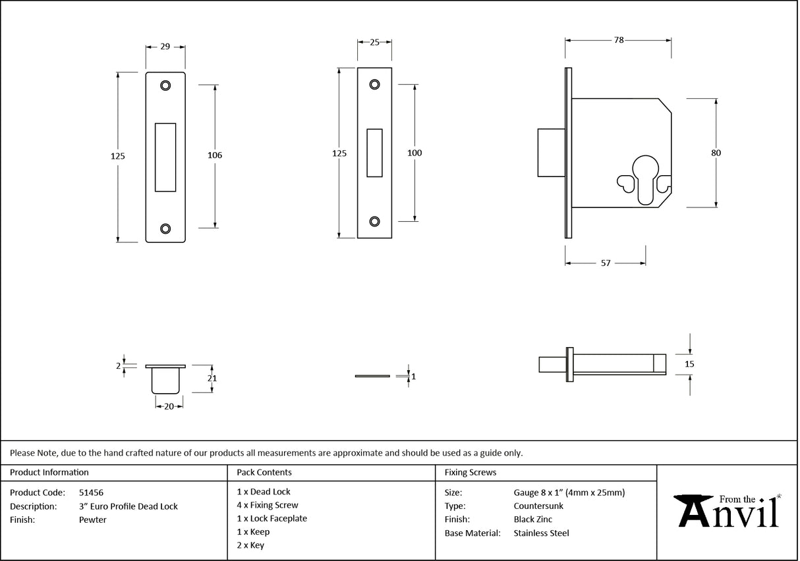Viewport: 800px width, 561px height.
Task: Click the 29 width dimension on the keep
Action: pos(165,47)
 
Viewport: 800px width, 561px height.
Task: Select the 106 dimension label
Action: pos(215,155)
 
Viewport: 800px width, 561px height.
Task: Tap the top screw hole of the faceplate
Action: pos(374,84)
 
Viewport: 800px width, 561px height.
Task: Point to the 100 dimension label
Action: pos(414,153)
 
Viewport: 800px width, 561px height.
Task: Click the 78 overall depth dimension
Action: pos(618,40)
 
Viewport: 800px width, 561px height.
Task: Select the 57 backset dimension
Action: pos(605,263)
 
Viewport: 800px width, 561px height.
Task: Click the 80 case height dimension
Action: pos(716,153)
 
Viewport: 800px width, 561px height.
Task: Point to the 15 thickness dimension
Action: pos(689,363)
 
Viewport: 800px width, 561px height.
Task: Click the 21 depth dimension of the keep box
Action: pos(212,379)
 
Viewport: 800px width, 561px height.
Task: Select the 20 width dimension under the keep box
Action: pos(169,407)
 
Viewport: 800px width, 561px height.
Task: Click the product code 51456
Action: pos(91,493)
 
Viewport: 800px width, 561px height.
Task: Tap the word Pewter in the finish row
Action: pos(92,520)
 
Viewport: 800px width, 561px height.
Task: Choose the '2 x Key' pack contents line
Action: pos(250,545)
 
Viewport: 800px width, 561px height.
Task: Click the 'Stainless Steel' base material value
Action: pos(541,533)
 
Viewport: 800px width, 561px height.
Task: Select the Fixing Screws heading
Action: pos(471,473)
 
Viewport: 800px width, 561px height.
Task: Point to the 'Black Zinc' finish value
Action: pos(533,520)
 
